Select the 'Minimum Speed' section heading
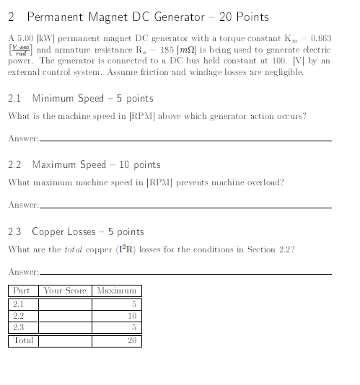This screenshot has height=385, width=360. click(92, 98)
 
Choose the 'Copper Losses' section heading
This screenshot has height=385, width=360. click(87, 232)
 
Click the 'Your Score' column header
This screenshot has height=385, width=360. click(65, 291)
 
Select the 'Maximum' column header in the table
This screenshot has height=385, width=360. click(116, 291)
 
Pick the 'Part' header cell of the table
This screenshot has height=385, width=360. click(22, 291)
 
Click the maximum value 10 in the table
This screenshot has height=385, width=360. click(131, 316)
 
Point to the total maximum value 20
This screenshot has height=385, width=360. click(131, 340)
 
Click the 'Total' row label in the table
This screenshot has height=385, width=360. click(24, 340)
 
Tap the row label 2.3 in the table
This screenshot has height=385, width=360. click(19, 327)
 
